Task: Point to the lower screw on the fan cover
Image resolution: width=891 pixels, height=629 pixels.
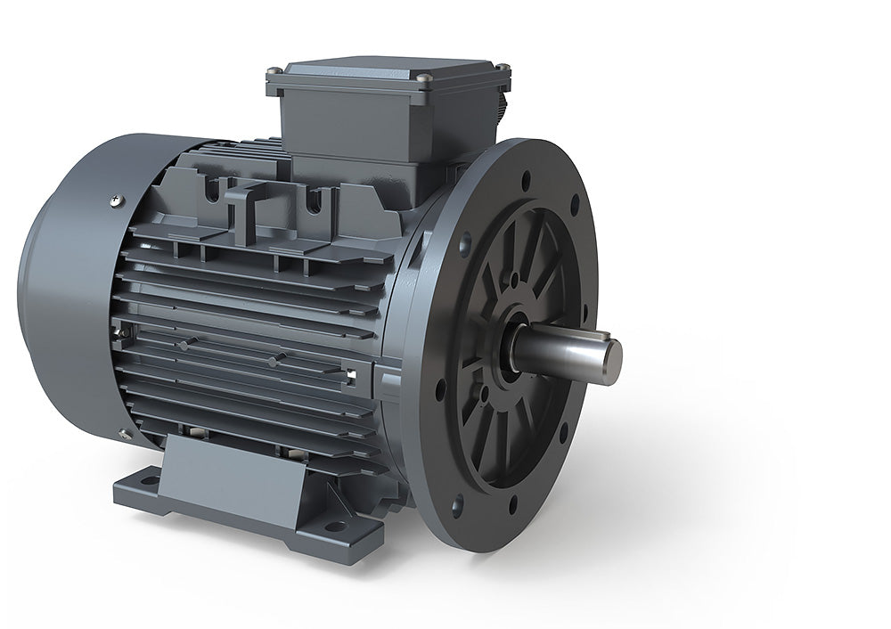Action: coord(121,435)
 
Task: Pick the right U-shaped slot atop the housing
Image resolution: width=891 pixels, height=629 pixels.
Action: coord(313,205)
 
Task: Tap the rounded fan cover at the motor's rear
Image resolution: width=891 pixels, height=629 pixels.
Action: coord(67,294)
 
